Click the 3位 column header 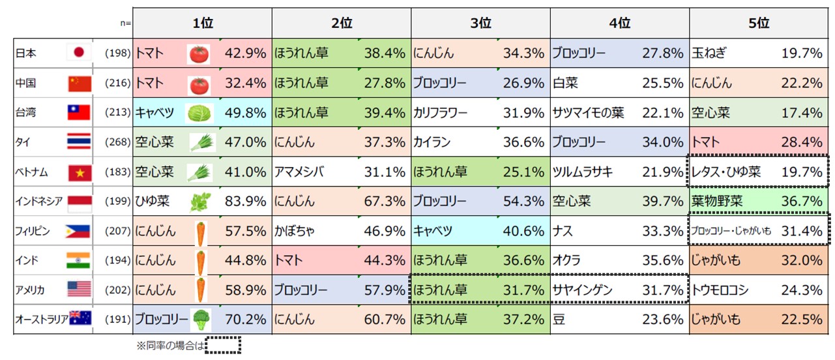coord(480,23)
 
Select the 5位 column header coord(759,23)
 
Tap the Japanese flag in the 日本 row coord(80,53)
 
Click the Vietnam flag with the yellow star coord(80,173)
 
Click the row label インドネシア coord(39,202)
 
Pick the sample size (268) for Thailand coord(118,142)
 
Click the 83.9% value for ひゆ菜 coord(245,202)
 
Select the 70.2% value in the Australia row coord(245,320)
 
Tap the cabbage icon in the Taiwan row coord(198,113)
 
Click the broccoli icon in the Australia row coord(201,319)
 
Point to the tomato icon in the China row coord(198,84)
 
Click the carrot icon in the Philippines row coord(201,232)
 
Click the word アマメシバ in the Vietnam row coord(300,173)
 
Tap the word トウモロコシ coord(720,290)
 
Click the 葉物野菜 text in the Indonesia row coord(717,202)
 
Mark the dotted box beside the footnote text coord(223,345)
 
